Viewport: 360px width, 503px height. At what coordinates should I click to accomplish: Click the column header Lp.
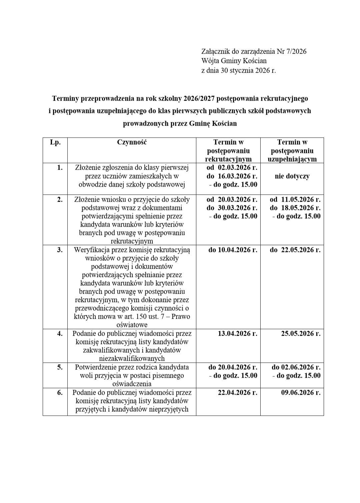pos(55,142)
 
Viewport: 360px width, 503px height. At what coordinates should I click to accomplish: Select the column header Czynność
pos(132,142)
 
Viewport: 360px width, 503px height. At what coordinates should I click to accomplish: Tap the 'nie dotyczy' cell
pos(292,176)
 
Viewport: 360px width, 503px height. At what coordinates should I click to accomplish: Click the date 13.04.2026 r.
pos(237,334)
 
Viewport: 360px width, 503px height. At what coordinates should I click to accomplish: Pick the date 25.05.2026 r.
pos(300,334)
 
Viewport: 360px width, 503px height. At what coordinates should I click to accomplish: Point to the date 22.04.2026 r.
pos(237,392)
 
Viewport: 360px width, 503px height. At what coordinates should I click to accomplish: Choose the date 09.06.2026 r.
pos(300,392)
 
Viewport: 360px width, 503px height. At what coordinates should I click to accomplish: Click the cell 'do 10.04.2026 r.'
pos(233,250)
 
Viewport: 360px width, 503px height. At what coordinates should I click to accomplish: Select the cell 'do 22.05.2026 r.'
pos(295,250)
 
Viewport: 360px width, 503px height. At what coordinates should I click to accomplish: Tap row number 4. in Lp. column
pos(60,334)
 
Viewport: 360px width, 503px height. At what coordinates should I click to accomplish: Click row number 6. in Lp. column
pos(60,392)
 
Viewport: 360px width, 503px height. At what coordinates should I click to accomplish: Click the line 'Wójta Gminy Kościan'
pos(234,61)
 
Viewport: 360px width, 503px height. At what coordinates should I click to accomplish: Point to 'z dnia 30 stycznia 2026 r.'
pos(239,70)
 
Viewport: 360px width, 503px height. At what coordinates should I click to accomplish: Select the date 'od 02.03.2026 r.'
pos(232,168)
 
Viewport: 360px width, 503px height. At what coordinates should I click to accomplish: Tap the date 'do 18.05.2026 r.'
pos(295,208)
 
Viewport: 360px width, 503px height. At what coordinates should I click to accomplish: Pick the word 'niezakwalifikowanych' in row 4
pos(132,359)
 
